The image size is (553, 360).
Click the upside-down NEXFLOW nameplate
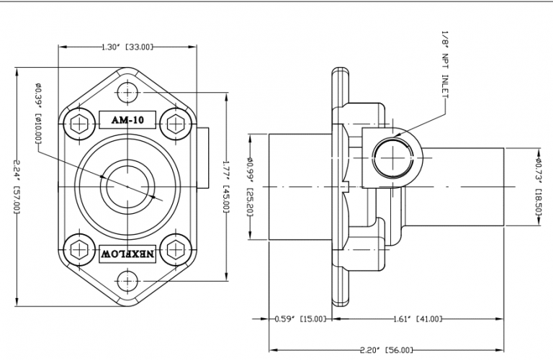click(x=127, y=253)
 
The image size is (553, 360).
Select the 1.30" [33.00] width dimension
click(x=126, y=47)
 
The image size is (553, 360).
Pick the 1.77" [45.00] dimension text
click(x=226, y=186)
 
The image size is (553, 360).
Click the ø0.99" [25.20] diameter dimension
click(x=249, y=186)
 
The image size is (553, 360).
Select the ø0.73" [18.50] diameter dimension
click(x=540, y=186)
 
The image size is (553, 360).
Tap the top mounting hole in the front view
click(x=127, y=93)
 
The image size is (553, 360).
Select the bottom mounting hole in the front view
click(x=127, y=280)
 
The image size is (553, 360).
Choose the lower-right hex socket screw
click(x=174, y=249)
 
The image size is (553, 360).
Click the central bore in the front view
click(x=126, y=186)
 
